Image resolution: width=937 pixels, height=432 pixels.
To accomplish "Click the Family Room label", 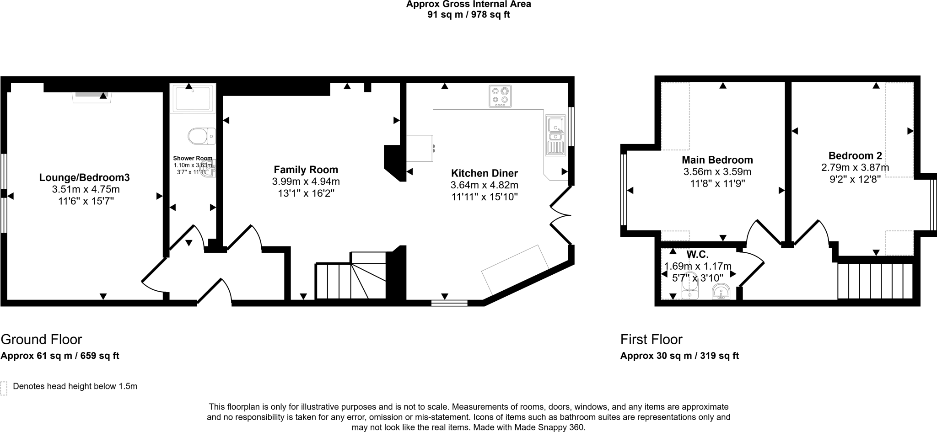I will (x=306, y=170).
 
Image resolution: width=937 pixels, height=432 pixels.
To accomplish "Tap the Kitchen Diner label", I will (x=484, y=173).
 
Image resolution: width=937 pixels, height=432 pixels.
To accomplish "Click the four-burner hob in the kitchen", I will (x=500, y=96).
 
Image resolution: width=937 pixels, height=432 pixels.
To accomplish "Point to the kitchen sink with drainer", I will (x=555, y=135).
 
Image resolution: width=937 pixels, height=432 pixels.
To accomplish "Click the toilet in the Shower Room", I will (x=201, y=136).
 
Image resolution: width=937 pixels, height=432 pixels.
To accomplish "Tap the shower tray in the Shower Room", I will (x=192, y=98).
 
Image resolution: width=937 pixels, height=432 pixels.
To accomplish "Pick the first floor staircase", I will (x=875, y=281).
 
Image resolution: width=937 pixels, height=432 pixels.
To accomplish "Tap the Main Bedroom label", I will (x=717, y=160).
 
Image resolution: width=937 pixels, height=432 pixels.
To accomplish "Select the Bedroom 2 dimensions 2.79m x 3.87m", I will (x=855, y=168).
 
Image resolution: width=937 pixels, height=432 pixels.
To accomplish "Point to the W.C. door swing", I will (x=750, y=265).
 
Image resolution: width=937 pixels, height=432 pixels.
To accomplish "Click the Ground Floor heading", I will (x=41, y=340).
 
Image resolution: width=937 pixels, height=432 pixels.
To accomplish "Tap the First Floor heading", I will (x=651, y=340).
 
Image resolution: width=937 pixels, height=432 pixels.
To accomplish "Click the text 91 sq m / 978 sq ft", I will (x=468, y=15).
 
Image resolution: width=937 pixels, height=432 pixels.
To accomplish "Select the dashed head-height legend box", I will (x=4, y=388).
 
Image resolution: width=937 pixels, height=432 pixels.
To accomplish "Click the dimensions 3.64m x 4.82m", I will (x=484, y=185).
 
